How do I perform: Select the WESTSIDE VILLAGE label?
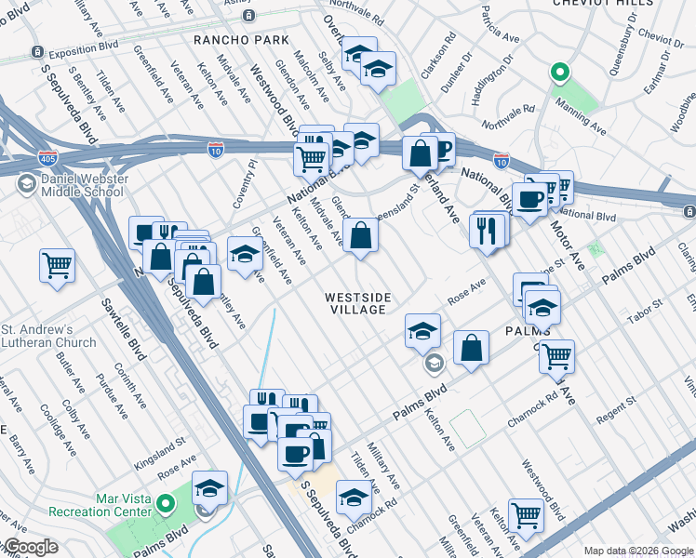pyautogui.click(x=357, y=303)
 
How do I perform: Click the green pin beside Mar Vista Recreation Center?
pyautogui.click(x=167, y=505)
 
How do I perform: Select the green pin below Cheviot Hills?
pyautogui.click(x=558, y=72)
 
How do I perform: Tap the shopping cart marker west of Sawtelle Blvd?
pyautogui.click(x=57, y=265)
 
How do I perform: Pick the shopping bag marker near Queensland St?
pyautogui.click(x=360, y=234)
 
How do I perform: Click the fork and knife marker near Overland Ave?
pyautogui.click(x=486, y=232)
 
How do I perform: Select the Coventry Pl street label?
pyautogui.click(x=252, y=178)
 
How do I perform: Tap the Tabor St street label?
pyautogui.click(x=643, y=311)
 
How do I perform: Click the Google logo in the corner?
pyautogui.click(x=30, y=547)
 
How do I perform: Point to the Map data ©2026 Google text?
pyautogui.click(x=636, y=551)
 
